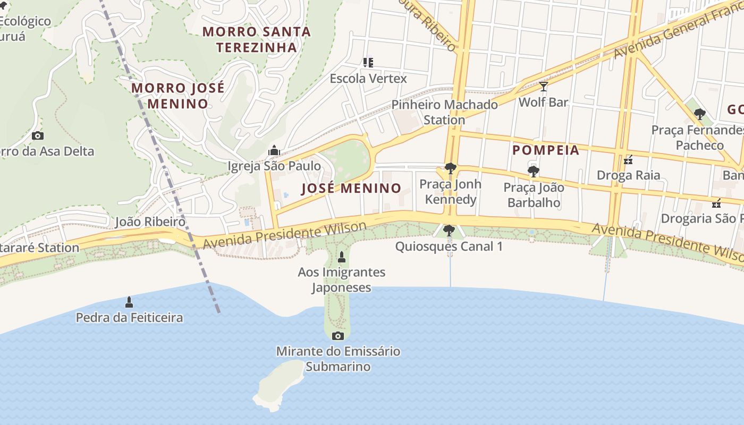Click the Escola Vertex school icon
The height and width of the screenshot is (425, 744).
click(368, 63)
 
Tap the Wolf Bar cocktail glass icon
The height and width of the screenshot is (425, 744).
click(543, 86)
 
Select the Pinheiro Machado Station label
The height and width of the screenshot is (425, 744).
click(444, 112)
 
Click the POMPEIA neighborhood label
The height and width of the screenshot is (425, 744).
click(546, 150)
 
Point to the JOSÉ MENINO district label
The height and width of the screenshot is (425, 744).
click(351, 188)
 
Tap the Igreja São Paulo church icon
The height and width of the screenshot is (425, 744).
click(274, 150)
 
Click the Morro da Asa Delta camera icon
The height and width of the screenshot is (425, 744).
click(38, 135)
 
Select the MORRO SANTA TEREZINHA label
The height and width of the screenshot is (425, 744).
click(257, 39)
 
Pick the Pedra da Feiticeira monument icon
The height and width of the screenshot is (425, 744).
click(129, 302)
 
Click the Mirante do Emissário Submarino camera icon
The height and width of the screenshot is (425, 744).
click(337, 336)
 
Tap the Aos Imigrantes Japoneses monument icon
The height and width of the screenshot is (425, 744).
click(342, 257)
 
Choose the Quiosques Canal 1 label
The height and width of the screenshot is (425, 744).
click(449, 246)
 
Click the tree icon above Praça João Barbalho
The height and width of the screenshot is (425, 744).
click(533, 171)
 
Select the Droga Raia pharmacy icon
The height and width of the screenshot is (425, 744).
click(628, 159)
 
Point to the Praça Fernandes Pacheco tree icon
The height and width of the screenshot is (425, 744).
click(700, 114)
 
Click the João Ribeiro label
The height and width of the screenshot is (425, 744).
click(150, 222)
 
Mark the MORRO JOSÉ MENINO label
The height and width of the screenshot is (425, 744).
click(177, 96)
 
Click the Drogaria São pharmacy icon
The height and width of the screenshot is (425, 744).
click(716, 203)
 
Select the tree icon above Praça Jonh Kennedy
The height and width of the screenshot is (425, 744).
click(450, 168)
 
